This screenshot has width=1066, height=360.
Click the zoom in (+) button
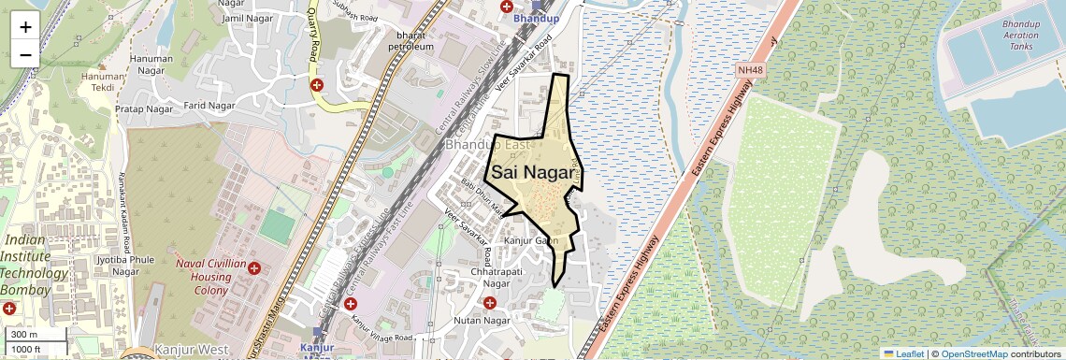click(x=25, y=26)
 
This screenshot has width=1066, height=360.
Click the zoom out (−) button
click(x=25, y=54)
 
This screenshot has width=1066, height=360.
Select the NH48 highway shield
click(x=750, y=70)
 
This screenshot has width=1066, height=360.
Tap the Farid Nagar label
click(x=209, y=106)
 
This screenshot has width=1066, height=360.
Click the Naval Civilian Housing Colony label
click(x=203, y=277)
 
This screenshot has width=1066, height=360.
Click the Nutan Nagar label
click(x=480, y=321)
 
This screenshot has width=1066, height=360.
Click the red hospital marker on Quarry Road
click(x=318, y=85)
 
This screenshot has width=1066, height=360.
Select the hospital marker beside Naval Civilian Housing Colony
click(x=253, y=267)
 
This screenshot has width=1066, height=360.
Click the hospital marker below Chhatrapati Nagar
click(x=490, y=302)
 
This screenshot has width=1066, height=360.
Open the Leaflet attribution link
click(x=905, y=353)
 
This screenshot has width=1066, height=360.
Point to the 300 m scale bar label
click(x=24, y=335)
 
